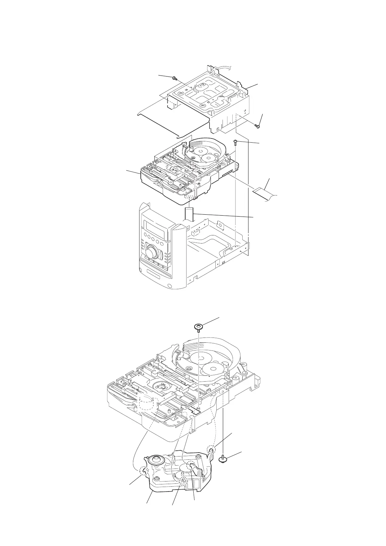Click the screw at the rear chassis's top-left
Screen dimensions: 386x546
pos(175,78)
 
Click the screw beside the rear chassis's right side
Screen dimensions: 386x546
pos(257,126)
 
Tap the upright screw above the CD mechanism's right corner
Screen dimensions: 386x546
pos(235,142)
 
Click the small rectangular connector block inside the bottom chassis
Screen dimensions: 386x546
pos(196,232)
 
